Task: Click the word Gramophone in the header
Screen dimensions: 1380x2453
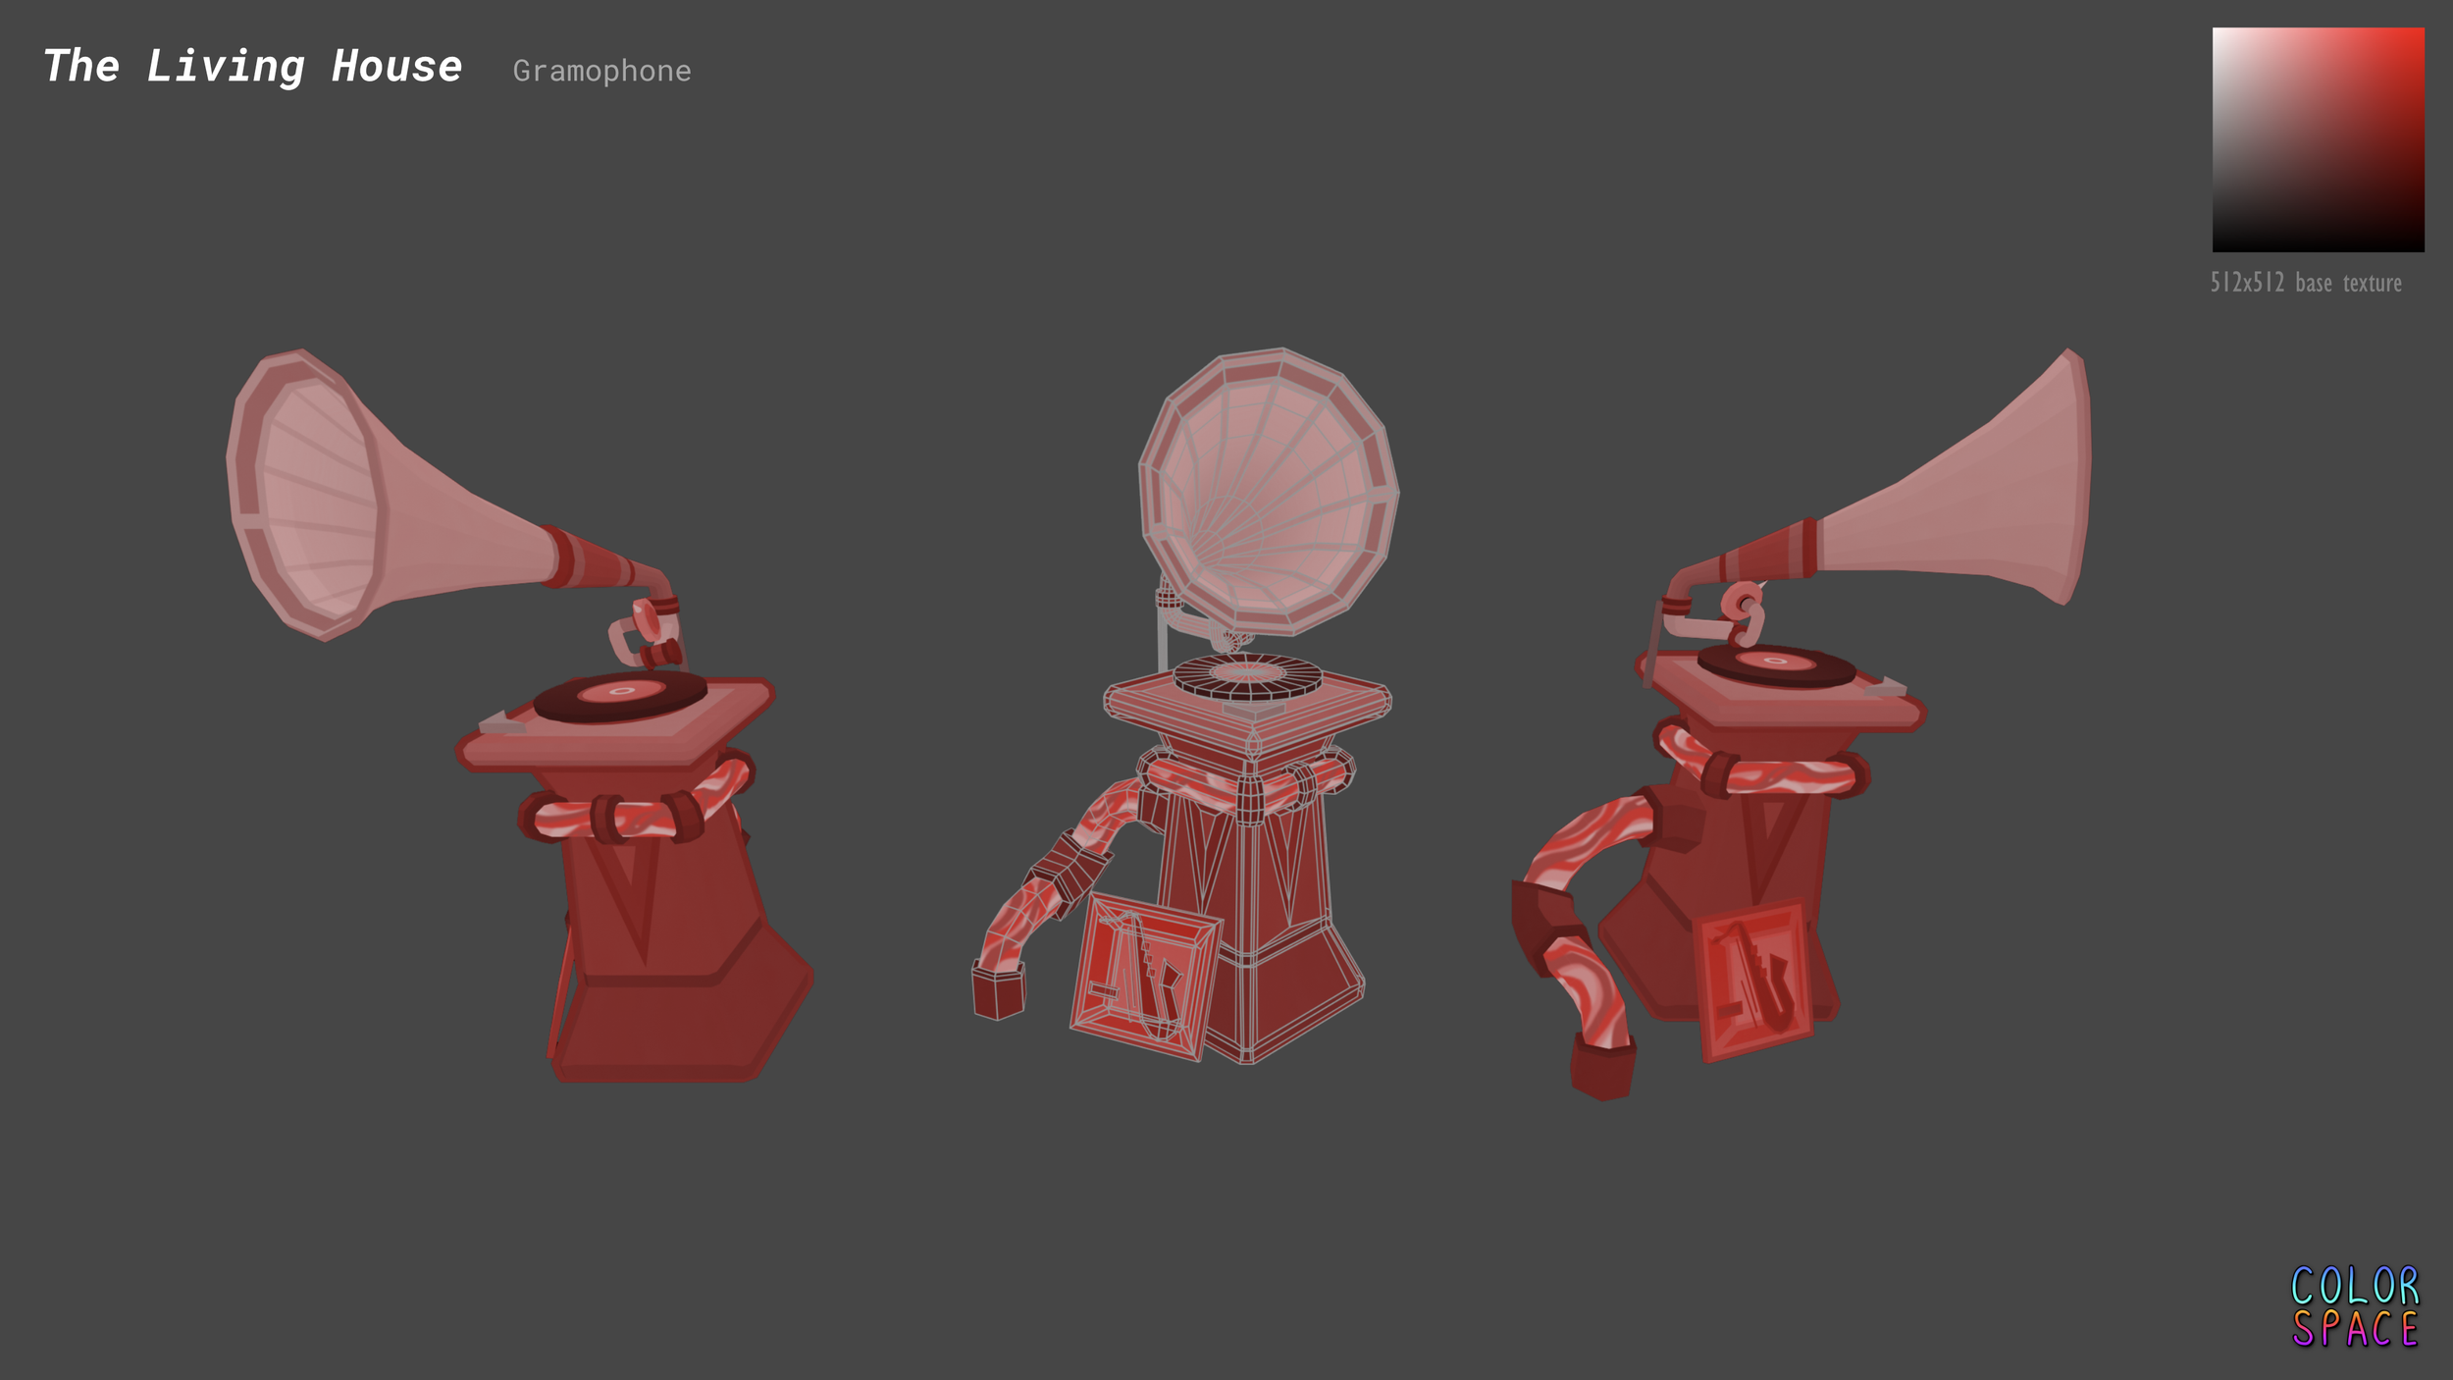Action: [601, 71]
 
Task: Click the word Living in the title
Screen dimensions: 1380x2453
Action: [226, 67]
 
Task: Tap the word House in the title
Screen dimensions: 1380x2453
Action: [396, 67]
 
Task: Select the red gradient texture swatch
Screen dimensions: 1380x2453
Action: [2318, 139]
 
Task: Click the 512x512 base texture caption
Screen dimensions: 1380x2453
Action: [2306, 283]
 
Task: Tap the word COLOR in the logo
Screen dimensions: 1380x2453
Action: [2355, 1286]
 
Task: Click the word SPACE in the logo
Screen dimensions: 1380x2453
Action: [2355, 1330]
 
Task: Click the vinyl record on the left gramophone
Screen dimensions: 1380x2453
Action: [620, 695]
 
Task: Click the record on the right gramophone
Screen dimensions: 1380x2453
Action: [1776, 664]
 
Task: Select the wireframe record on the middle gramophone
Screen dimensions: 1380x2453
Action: [1247, 676]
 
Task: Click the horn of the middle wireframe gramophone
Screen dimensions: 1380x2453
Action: [1269, 491]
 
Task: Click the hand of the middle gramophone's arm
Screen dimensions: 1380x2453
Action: [998, 991]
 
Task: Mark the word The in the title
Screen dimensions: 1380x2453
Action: [81, 67]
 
